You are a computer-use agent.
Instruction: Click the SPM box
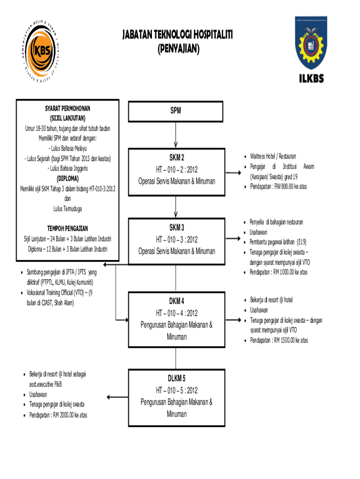[176, 111]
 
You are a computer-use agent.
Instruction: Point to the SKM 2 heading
[176, 157]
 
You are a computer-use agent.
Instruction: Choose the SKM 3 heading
[176, 227]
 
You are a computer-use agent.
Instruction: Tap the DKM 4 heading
[176, 301]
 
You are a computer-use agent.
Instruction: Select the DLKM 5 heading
[176, 378]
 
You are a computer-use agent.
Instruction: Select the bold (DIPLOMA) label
[68, 179]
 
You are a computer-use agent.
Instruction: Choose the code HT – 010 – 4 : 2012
[176, 313]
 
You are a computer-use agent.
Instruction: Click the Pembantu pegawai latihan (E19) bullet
[278, 242]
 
